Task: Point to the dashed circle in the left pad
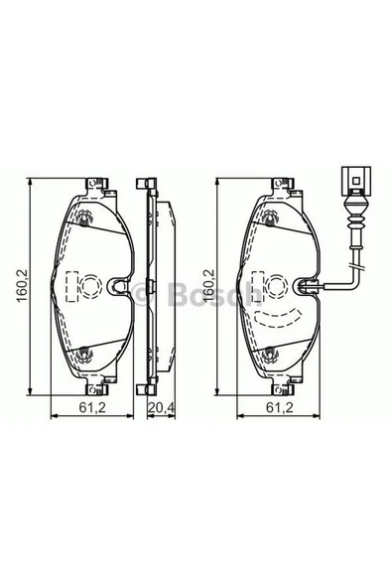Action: click(82, 287)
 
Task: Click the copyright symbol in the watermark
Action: click(142, 294)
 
